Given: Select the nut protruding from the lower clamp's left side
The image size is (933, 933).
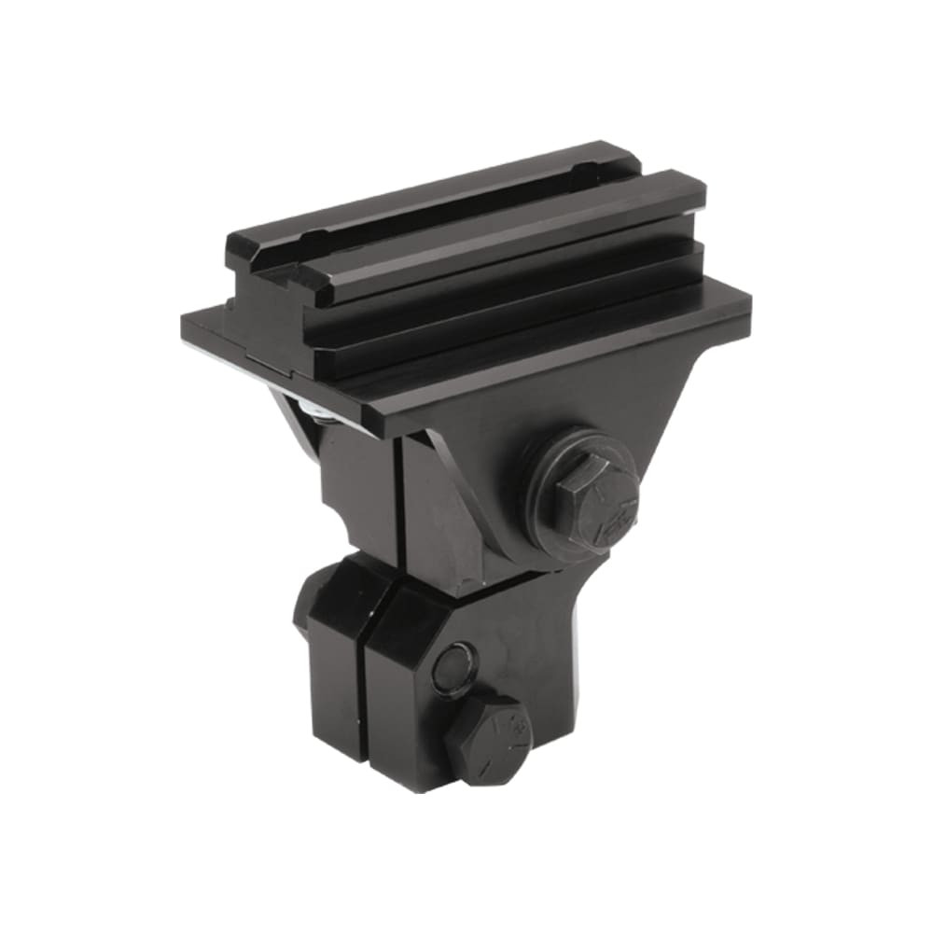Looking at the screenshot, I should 304,606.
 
